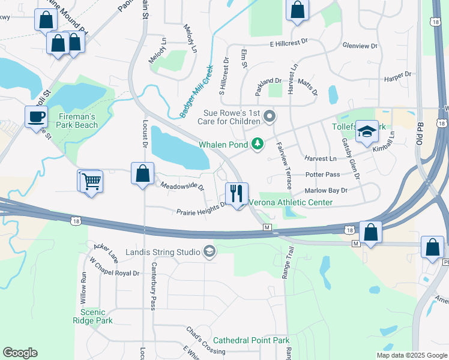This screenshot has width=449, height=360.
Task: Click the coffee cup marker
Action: pyautogui.click(x=37, y=116)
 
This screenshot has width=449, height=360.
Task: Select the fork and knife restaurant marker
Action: pyautogui.click(x=237, y=193)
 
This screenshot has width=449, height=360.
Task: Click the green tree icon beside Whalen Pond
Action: pyautogui.click(x=258, y=143)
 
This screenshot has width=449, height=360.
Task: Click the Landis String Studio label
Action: pyautogui.click(x=163, y=251)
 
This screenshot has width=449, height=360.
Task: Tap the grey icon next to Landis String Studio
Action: pyautogui.click(x=209, y=251)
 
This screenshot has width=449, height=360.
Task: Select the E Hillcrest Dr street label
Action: pyautogui.click(x=288, y=43)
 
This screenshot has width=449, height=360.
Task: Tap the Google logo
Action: pyautogui.click(x=20, y=353)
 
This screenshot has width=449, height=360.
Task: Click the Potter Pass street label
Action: pyautogui.click(x=322, y=175)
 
